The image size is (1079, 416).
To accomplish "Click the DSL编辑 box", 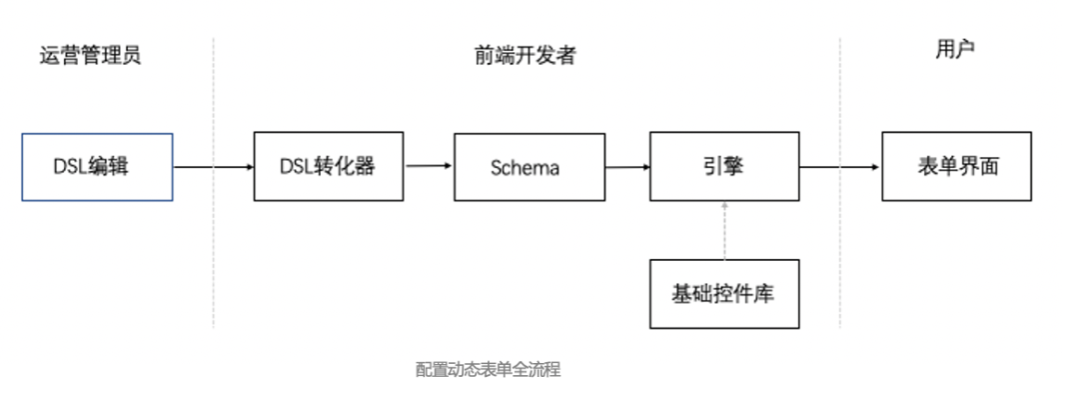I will [98, 167].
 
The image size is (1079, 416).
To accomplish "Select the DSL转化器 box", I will [329, 167].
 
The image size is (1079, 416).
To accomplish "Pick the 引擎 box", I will [724, 167].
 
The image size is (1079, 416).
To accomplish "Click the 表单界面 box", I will [957, 167].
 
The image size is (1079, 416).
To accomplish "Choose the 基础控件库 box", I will [724, 294].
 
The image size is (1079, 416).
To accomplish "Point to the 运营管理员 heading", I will [91, 55].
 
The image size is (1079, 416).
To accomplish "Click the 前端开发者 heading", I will [526, 56].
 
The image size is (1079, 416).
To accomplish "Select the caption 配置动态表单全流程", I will [488, 370].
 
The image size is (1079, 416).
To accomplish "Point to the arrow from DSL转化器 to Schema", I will [429, 167].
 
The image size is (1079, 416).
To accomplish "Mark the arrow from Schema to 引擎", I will [626, 168].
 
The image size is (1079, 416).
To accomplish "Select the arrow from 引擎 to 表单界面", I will [840, 168].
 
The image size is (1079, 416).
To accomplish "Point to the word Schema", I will [526, 168].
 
